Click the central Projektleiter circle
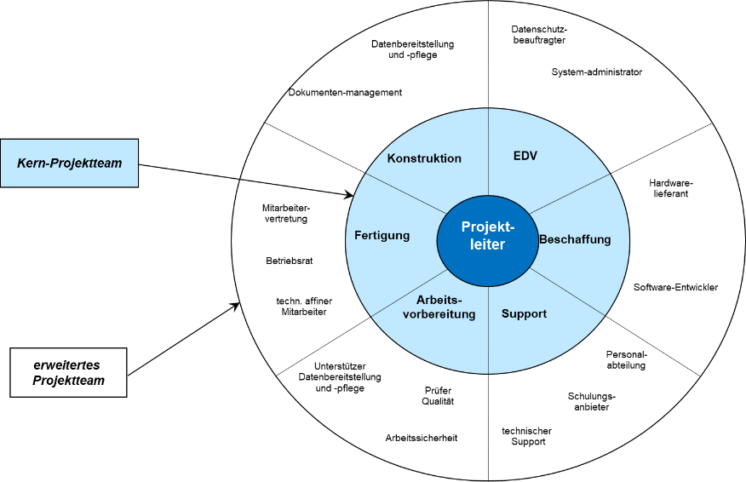[x=483, y=235]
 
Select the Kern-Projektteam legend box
[x=69, y=163]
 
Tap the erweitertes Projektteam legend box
[x=68, y=372]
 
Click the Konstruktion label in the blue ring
[x=424, y=158]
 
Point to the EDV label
[x=525, y=156]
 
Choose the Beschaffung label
[x=575, y=239]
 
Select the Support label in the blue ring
[x=524, y=313]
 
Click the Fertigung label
[x=382, y=235]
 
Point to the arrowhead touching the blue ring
[x=349, y=196]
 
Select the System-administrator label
[x=596, y=72]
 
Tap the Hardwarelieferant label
[x=671, y=188]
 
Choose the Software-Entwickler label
[x=675, y=287]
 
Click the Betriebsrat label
[x=290, y=261]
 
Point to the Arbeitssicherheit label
[x=422, y=438]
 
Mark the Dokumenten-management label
[x=345, y=92]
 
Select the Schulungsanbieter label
[x=592, y=401]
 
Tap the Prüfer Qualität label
[x=439, y=396]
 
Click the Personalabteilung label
[x=626, y=359]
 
